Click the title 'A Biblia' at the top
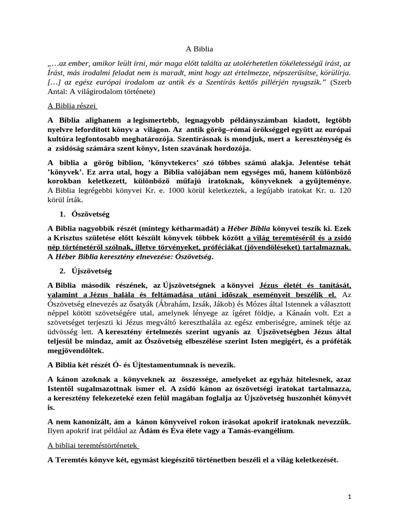pyautogui.click(x=199, y=49)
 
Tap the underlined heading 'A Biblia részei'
pyautogui.click(x=69, y=105)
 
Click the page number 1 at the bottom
pyautogui.click(x=350, y=497)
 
